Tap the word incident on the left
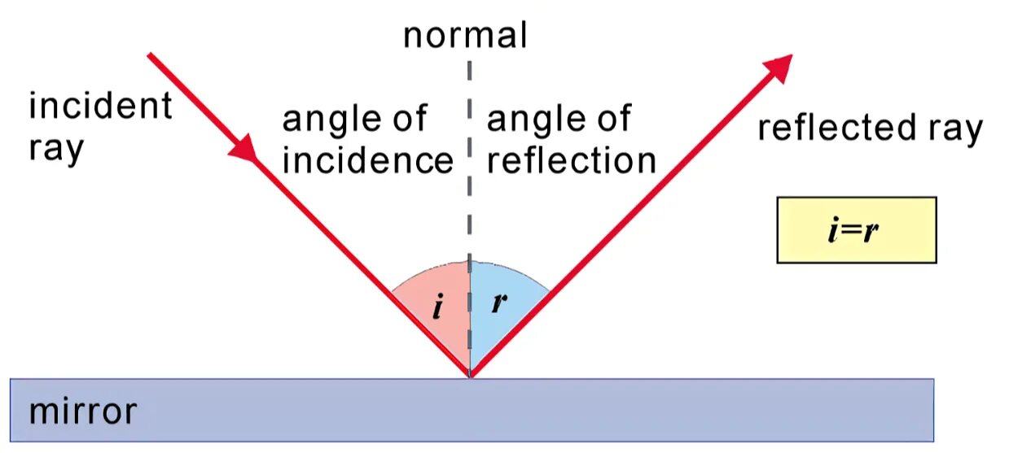pos(100,107)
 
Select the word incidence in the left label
pos(367,161)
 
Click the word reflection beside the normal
pos(571,161)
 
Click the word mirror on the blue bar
pos(82,412)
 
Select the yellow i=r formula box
pos(856,230)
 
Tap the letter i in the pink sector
pos(437,308)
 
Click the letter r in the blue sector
pos(499,303)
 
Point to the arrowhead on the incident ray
pos(247,150)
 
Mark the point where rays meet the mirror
pos(470,377)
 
